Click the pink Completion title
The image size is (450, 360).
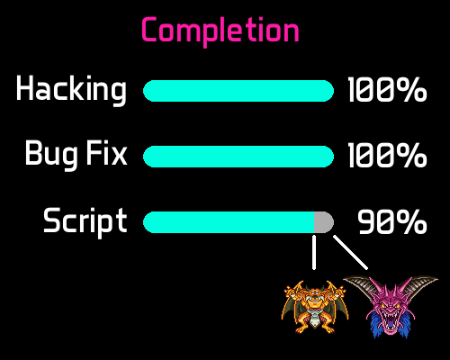(x=220, y=31)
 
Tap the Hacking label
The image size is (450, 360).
(x=71, y=90)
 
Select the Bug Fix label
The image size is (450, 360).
(x=76, y=154)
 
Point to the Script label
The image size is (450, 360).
(x=85, y=221)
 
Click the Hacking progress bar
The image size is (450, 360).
(x=238, y=91)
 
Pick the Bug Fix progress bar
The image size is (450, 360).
(x=238, y=157)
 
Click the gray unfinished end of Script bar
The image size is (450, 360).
(x=323, y=222)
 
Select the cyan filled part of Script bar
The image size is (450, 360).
(x=229, y=222)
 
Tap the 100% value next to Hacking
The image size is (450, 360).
(x=387, y=90)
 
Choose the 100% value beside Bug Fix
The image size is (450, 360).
(x=387, y=155)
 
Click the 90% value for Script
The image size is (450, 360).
(x=392, y=221)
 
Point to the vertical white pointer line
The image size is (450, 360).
(x=314, y=252)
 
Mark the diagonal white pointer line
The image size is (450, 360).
(x=350, y=252)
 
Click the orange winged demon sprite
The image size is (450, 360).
(x=315, y=307)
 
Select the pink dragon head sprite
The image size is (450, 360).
(x=390, y=307)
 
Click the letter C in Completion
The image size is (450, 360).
(x=149, y=29)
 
